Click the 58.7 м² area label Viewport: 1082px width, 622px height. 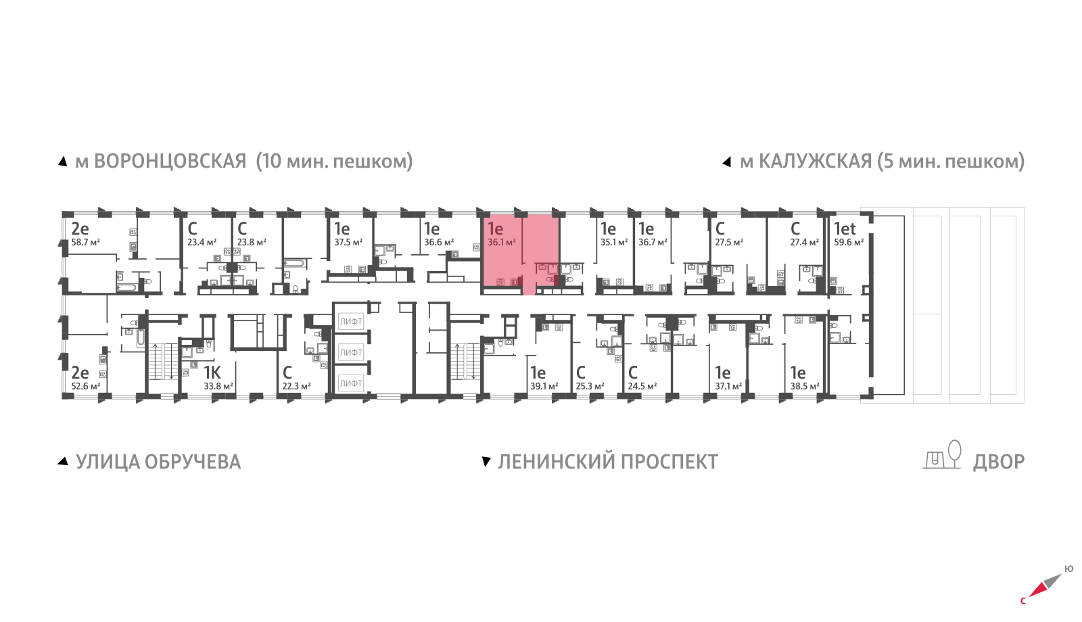(x=85, y=243)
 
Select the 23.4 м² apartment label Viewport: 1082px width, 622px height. (x=202, y=243)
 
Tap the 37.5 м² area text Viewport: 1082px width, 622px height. (x=348, y=243)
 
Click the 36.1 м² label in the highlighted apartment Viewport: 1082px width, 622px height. (x=501, y=243)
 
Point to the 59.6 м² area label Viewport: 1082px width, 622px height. (x=849, y=243)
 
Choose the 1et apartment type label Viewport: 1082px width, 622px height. (x=845, y=229)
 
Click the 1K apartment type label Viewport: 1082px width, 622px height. (x=212, y=373)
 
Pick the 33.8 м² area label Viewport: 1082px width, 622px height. (x=218, y=387)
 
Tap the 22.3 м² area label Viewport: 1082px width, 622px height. (x=296, y=387)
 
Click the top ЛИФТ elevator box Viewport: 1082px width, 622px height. (x=351, y=322)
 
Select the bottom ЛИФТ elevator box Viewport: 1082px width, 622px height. (x=351, y=383)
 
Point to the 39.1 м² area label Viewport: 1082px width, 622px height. (x=544, y=387)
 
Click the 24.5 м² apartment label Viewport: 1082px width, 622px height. (x=642, y=387)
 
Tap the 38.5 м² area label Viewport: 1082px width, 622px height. (x=805, y=387)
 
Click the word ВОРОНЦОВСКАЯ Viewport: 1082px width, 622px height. (x=170, y=162)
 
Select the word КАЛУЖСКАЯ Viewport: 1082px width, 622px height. (x=815, y=162)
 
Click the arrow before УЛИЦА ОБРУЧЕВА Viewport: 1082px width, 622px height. (x=63, y=462)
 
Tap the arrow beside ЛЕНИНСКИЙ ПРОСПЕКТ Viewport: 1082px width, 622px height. (x=486, y=462)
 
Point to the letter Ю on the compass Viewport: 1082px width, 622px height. (x=1068, y=569)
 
